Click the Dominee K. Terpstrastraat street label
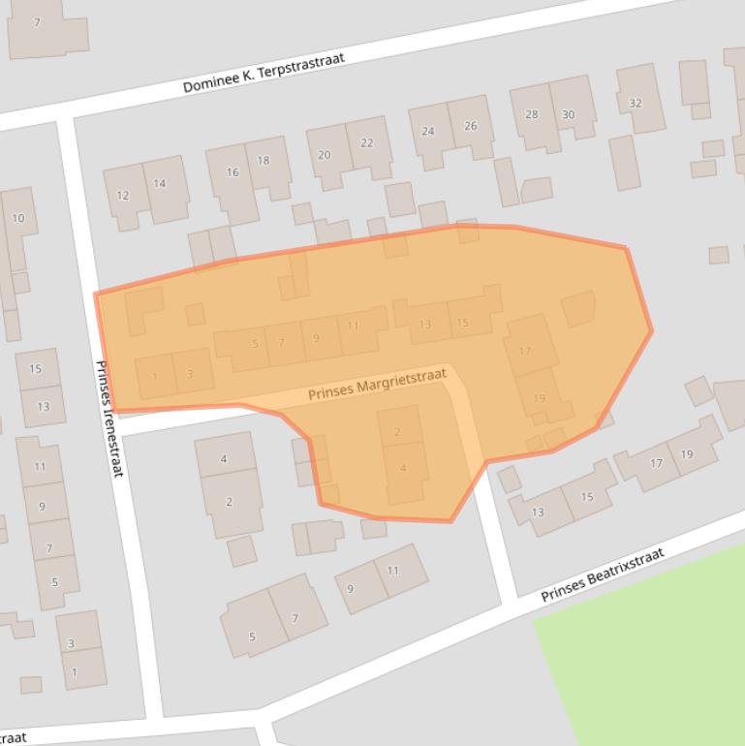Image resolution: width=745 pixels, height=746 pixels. coord(264,74)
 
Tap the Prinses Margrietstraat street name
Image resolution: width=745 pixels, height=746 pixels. coord(377,384)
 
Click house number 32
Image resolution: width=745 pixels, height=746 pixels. coord(636,103)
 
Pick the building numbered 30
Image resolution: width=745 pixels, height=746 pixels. coord(568,114)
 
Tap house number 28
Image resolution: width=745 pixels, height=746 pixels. coord(531,114)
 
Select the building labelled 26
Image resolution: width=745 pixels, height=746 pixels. coord(471,126)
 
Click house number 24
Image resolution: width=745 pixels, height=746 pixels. coord(428,132)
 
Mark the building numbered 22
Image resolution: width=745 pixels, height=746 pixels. coord(366,143)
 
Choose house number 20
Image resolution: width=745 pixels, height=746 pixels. coord(325,155)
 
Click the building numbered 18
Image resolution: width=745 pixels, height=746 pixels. coord(264,161)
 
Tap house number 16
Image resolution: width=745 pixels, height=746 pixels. coord(233,172)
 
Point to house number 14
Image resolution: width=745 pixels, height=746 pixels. coord(160,183)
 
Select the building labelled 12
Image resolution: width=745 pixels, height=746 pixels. coord(123,195)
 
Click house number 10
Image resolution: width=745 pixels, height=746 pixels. coord(17,218)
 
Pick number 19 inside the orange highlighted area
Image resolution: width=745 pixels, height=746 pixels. coord(540,397)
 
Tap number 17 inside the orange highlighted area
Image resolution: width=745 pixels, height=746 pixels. coord(525,351)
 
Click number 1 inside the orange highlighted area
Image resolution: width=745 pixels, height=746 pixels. coord(155,376)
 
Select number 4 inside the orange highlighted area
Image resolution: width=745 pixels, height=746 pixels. coord(403,469)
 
